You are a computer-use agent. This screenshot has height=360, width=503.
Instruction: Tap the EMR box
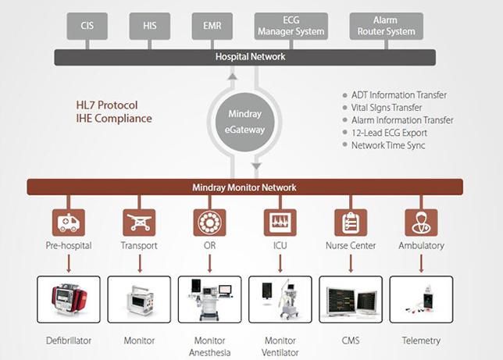pos(211,26)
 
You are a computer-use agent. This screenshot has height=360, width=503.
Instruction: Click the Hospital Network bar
pos(250,57)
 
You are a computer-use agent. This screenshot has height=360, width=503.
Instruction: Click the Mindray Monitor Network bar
pos(245,187)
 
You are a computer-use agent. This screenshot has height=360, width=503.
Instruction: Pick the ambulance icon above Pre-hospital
pos(69,222)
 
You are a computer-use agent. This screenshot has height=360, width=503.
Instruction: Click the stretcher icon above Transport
pos(139,222)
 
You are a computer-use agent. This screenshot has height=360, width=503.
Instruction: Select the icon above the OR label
pos(209,222)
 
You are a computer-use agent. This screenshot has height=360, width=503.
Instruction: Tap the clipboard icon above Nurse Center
pos(351,222)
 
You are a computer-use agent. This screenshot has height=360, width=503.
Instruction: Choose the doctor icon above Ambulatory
pos(420,222)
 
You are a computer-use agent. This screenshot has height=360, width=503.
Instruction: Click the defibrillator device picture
pos(69,300)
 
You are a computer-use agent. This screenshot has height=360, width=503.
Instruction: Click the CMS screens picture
pos(351,300)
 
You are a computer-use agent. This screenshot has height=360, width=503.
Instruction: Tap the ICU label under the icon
pos(280,245)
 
